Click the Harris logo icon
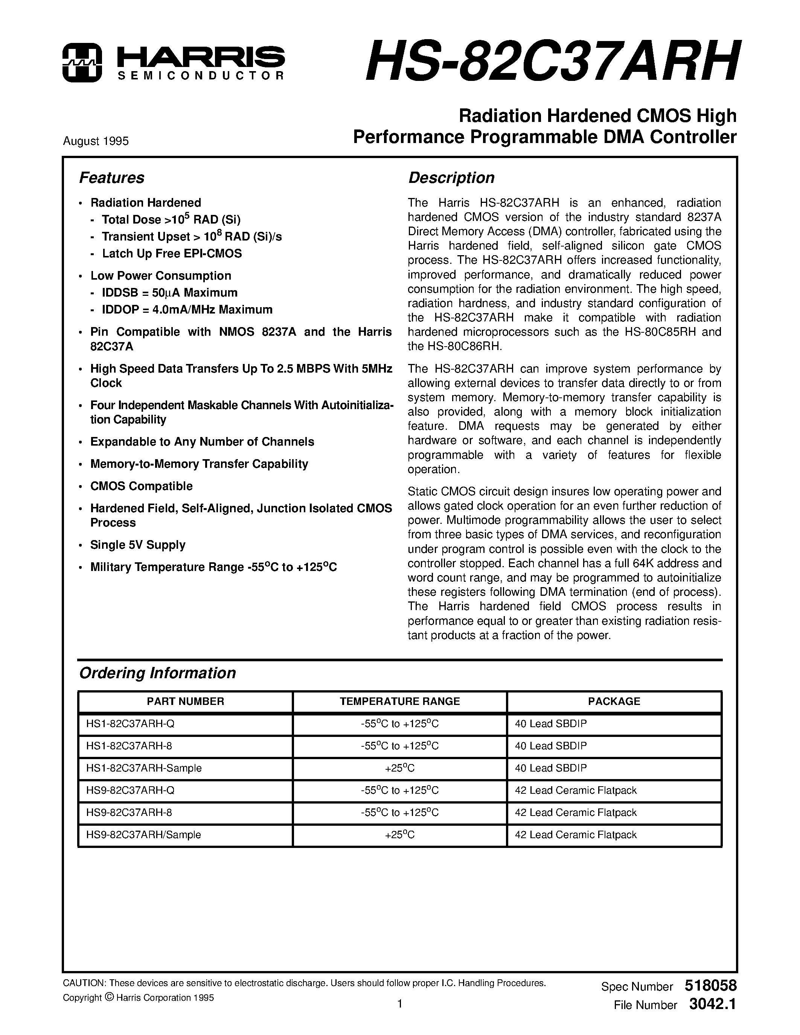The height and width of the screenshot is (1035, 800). pos(82,62)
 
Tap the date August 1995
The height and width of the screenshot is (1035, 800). pos(96,141)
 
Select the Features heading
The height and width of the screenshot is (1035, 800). pos(111,178)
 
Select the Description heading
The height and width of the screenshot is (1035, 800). pos(451,178)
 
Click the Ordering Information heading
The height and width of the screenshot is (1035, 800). pos(157,673)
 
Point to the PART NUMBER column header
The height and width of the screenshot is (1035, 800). pos(185,702)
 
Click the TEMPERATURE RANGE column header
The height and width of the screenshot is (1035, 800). pos(399,702)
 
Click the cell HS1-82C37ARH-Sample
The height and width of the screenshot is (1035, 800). pos(144,768)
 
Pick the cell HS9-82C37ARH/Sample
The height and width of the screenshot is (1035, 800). pos(143,834)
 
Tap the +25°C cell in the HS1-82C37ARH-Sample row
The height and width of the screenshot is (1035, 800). pos(399,768)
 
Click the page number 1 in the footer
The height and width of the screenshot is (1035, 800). pos(399,1004)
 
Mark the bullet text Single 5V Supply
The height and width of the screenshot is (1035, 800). pos(138,545)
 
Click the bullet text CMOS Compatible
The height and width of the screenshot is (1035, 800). pos(142,486)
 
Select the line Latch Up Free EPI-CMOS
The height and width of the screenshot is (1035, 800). pos(172,254)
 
